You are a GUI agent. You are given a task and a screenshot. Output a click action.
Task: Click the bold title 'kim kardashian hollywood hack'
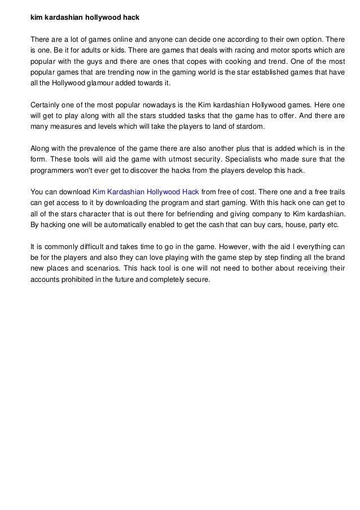85,18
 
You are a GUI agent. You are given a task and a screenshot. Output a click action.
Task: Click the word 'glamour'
105,83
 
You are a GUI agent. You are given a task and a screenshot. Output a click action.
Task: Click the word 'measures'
60,127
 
